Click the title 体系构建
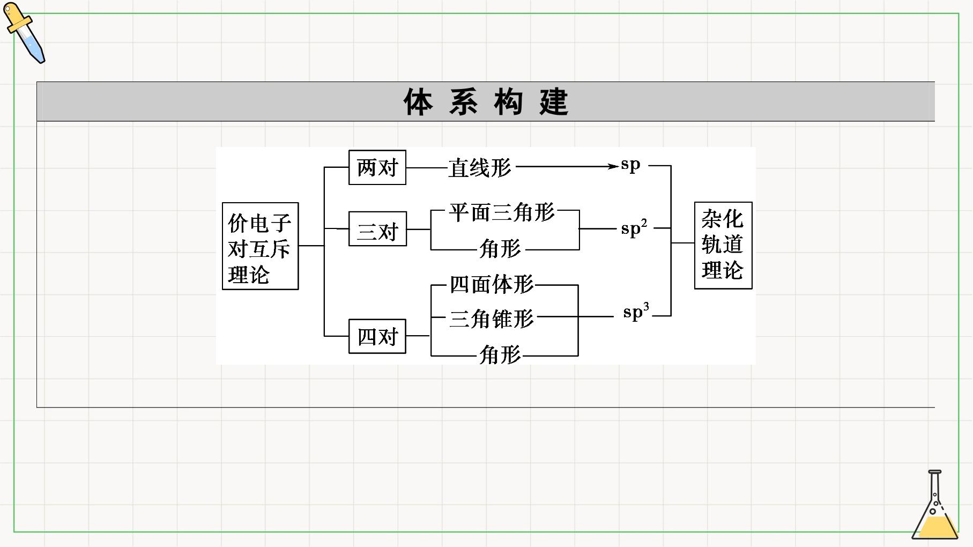click(486, 102)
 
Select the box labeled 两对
click(377, 168)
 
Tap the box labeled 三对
click(377, 230)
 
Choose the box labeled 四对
click(377, 336)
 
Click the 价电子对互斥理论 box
click(261, 246)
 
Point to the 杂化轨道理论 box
click(723, 246)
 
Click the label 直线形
click(480, 168)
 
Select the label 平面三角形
click(502, 212)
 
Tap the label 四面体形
click(492, 284)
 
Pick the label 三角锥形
click(492, 319)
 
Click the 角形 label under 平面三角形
click(500, 249)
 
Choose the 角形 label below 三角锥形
click(500, 354)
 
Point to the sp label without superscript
click(630, 165)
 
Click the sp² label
click(634, 228)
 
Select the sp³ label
click(636, 311)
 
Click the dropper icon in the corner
click(25, 33)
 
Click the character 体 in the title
click(418, 102)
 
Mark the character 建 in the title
click(554, 102)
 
